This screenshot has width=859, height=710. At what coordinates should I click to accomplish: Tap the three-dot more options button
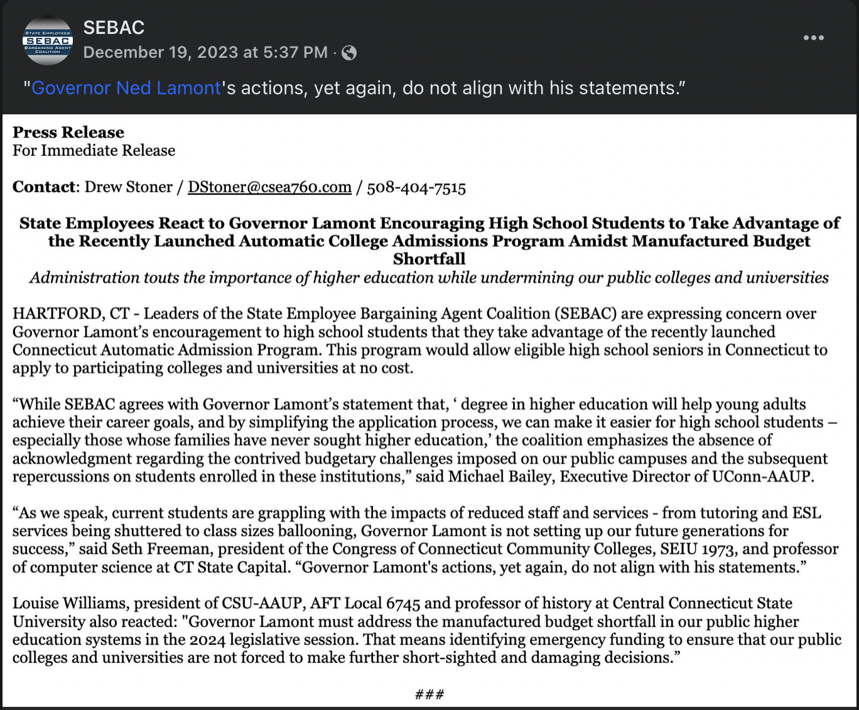tap(813, 38)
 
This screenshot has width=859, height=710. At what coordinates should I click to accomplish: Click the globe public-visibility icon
tap(349, 53)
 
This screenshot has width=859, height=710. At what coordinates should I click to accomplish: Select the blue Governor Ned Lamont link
tap(126, 88)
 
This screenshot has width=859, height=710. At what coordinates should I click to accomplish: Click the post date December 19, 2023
tap(205, 52)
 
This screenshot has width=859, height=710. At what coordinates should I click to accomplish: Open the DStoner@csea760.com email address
tap(269, 187)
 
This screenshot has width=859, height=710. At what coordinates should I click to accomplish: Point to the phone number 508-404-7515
tap(416, 187)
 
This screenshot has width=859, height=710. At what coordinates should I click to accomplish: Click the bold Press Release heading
tap(68, 133)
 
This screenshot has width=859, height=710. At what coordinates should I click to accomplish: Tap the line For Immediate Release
tap(94, 151)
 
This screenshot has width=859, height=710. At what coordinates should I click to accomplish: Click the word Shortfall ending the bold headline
tap(429, 259)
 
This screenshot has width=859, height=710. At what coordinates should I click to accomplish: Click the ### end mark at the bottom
tap(429, 694)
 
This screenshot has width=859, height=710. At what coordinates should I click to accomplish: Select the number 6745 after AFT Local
tap(403, 603)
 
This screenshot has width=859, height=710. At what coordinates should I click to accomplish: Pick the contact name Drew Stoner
tap(128, 187)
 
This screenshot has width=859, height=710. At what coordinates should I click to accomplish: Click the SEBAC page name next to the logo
tap(114, 28)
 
